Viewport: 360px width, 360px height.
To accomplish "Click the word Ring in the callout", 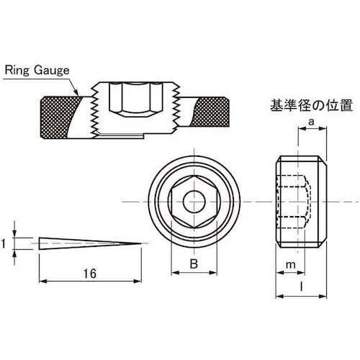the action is tap(17, 70).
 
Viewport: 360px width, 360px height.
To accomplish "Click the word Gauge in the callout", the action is tap(51, 71).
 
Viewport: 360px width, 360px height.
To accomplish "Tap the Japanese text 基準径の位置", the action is tap(312, 105).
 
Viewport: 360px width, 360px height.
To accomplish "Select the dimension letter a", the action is tap(311, 122).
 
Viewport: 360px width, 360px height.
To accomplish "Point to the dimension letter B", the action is tap(194, 264).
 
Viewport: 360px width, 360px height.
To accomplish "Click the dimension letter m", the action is tap(291, 265).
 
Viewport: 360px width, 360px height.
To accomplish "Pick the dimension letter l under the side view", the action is tap(302, 287).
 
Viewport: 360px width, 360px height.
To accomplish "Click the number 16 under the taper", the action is tap(90, 274).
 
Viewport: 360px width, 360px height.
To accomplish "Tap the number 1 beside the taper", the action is tap(4, 244).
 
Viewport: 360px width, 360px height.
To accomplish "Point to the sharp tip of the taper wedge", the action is tap(142, 244).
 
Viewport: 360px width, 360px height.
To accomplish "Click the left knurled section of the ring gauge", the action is tap(59, 117).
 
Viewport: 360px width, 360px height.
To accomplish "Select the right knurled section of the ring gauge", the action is tap(211, 112).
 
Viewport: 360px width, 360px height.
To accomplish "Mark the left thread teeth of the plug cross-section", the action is tap(95, 112).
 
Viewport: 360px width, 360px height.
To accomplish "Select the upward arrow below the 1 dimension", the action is tap(15, 257).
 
